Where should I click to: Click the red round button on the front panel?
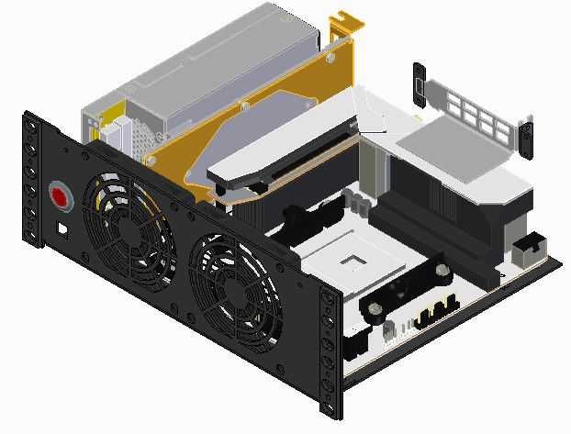point(61,196)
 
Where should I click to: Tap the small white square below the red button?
point(62,225)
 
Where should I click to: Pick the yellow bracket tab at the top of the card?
point(345,26)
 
